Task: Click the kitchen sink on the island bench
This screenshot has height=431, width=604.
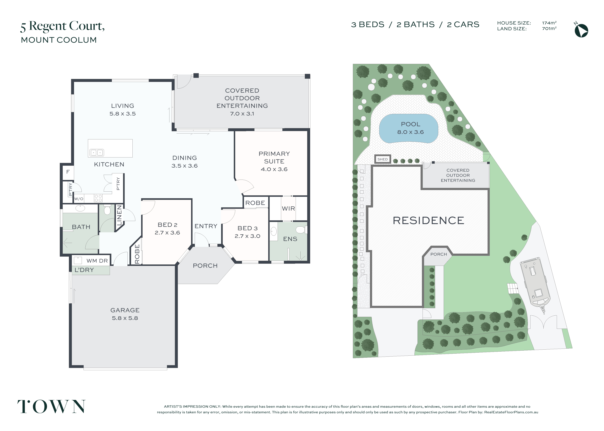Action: click(x=97, y=153)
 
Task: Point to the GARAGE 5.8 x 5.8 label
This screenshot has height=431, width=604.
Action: click(x=125, y=314)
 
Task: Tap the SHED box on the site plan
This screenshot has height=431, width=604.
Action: click(x=382, y=159)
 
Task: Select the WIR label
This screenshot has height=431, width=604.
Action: click(x=288, y=209)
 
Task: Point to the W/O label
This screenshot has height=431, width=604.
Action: click(x=79, y=199)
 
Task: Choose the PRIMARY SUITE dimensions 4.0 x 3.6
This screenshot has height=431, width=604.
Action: click(x=274, y=169)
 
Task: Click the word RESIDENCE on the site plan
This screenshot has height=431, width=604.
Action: click(x=428, y=220)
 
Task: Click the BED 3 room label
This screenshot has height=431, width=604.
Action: click(x=248, y=228)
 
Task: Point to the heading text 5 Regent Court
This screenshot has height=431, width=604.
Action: click(x=63, y=26)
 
